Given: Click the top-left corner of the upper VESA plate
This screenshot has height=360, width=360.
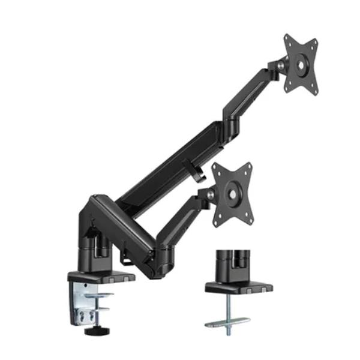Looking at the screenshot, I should pos(287,38).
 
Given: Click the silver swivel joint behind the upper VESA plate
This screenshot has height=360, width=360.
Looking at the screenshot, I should pos(281,64).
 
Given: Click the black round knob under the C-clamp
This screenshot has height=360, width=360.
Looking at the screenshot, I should pos(91,331).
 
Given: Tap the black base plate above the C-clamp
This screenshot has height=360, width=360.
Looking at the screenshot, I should pos(98,277).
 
